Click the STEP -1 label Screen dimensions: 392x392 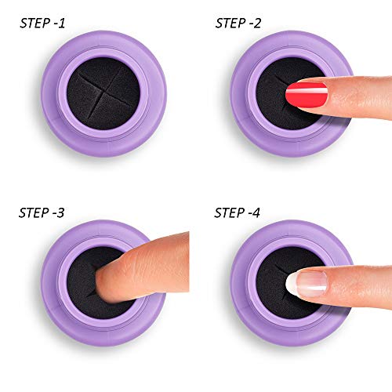[x=42, y=23]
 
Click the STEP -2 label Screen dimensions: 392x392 [x=238, y=23]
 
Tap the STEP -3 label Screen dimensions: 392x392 [x=42, y=212]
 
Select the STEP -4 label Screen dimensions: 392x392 [x=237, y=212]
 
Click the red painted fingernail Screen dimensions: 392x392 [x=307, y=95]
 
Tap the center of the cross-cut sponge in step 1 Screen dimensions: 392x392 [x=103, y=93]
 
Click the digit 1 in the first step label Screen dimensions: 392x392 [x=61, y=23]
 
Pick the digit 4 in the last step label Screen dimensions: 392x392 [x=256, y=212]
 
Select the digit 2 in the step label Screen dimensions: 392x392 [x=256, y=23]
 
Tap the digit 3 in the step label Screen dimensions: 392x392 [x=60, y=212]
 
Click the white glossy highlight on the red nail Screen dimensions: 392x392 [x=307, y=91]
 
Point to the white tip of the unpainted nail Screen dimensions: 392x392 [x=291, y=284]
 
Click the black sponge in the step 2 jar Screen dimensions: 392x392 [x=273, y=104]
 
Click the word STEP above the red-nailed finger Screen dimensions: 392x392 [x=227, y=23]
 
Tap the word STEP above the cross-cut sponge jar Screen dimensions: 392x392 [x=31, y=23]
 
